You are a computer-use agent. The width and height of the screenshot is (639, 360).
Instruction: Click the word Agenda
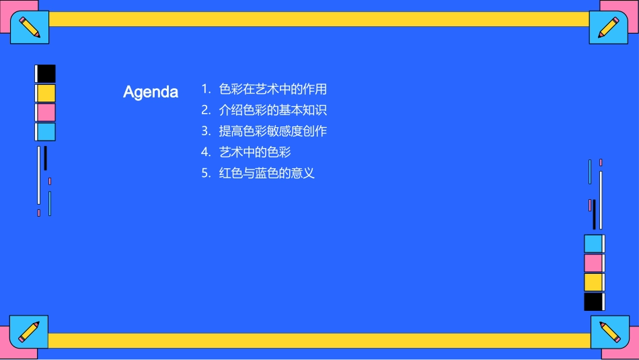pyautogui.click(x=151, y=92)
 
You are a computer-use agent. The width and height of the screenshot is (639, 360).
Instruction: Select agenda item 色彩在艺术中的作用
pyautogui.click(x=273, y=89)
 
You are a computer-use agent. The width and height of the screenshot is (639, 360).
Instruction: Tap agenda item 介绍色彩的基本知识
pyautogui.click(x=273, y=110)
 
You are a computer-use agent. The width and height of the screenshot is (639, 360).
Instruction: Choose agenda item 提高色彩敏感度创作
pyautogui.click(x=273, y=131)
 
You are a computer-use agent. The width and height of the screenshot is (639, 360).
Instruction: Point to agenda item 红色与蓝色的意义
pyautogui.click(x=267, y=173)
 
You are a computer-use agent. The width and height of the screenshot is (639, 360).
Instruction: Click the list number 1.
pyautogui.click(x=206, y=89)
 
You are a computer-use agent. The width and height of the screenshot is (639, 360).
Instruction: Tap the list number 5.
pyautogui.click(x=206, y=173)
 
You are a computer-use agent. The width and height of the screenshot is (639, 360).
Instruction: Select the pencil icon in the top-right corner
pyautogui.click(x=609, y=28)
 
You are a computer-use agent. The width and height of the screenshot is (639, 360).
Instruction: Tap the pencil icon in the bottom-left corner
pyautogui.click(x=29, y=332)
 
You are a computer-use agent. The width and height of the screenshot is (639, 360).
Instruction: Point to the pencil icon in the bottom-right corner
pyautogui.click(x=609, y=332)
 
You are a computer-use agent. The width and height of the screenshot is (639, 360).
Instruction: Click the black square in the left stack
pyautogui.click(x=46, y=73)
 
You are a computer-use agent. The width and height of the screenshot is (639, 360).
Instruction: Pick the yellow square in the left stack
pyautogui.click(x=46, y=93)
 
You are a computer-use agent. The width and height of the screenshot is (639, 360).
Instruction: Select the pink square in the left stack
pyautogui.click(x=46, y=112)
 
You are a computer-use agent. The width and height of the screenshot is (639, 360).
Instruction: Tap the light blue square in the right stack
pyautogui.click(x=593, y=244)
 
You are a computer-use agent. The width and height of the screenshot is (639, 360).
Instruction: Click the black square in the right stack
pyautogui.click(x=593, y=301)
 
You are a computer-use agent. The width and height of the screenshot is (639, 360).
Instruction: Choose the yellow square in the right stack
pyautogui.click(x=593, y=282)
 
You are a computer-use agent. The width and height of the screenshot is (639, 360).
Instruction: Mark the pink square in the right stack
pyautogui.click(x=593, y=263)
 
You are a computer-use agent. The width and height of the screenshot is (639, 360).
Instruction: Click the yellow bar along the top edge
pyautogui.click(x=319, y=19)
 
